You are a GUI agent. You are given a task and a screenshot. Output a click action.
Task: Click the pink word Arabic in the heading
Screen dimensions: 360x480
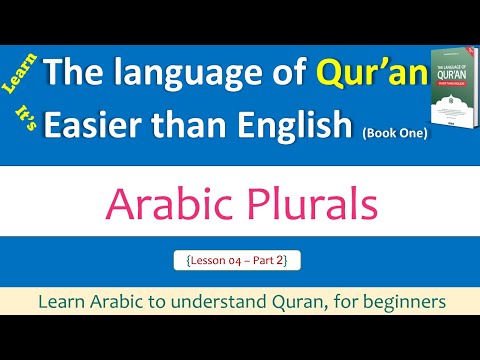(x=163, y=205)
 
